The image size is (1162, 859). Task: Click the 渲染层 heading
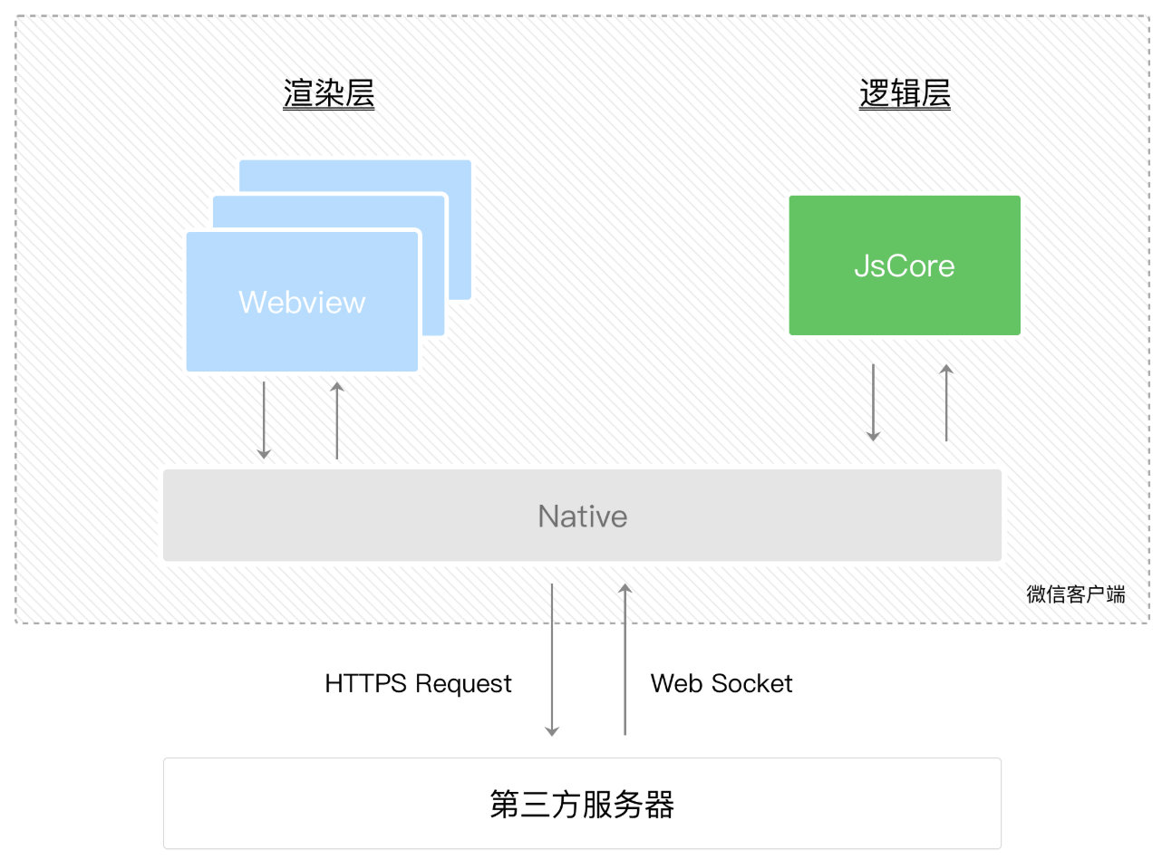coord(328,94)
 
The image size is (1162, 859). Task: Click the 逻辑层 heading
coord(905,94)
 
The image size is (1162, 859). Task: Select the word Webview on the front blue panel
coord(302,302)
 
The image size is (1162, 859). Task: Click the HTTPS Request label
coord(418,683)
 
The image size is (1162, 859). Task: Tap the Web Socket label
coord(721,683)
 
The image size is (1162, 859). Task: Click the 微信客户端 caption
coord(1076,594)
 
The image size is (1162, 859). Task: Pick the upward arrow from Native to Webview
coord(337,420)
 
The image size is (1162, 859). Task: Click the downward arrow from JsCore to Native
coord(873,402)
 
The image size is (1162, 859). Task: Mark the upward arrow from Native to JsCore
coord(946,402)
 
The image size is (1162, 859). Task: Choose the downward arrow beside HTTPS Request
coord(551,660)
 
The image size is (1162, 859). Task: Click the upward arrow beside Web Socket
coord(625,660)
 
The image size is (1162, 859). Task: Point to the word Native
coord(582,516)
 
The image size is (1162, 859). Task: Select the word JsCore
coord(905,265)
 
